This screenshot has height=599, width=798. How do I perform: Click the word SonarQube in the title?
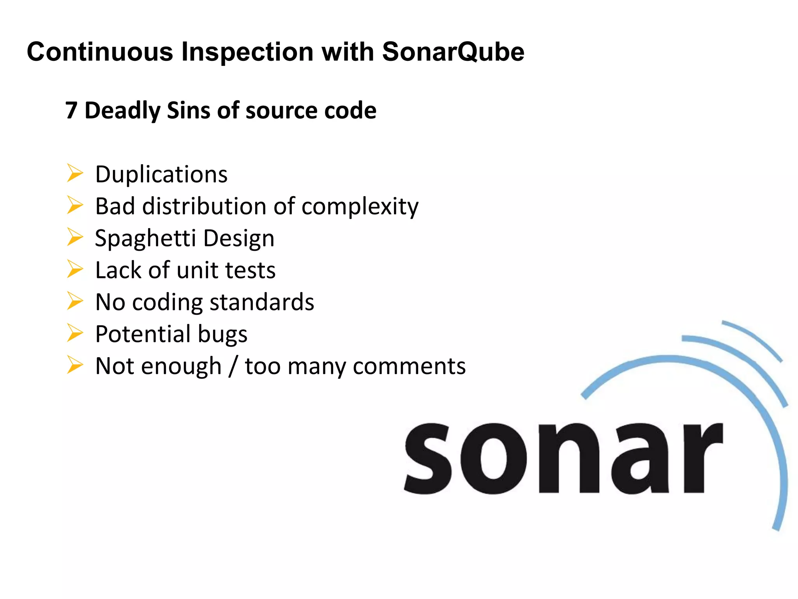click(453, 52)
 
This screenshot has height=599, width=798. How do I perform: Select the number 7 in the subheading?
click(71, 110)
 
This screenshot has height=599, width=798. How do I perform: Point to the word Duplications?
click(161, 174)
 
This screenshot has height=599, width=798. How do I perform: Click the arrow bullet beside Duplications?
click(74, 173)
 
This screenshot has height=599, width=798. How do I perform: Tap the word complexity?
click(360, 207)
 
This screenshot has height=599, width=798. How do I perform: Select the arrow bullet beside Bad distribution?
click(74, 205)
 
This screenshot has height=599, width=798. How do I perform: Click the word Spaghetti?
click(145, 239)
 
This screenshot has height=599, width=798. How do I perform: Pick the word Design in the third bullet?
click(239, 239)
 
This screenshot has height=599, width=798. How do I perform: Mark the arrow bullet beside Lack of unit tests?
click(74, 269)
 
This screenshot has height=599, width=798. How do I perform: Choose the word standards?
click(262, 302)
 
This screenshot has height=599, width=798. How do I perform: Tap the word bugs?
click(222, 335)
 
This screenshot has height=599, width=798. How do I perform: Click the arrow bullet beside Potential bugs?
click(74, 333)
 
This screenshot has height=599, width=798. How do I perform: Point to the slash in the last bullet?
click(233, 367)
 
